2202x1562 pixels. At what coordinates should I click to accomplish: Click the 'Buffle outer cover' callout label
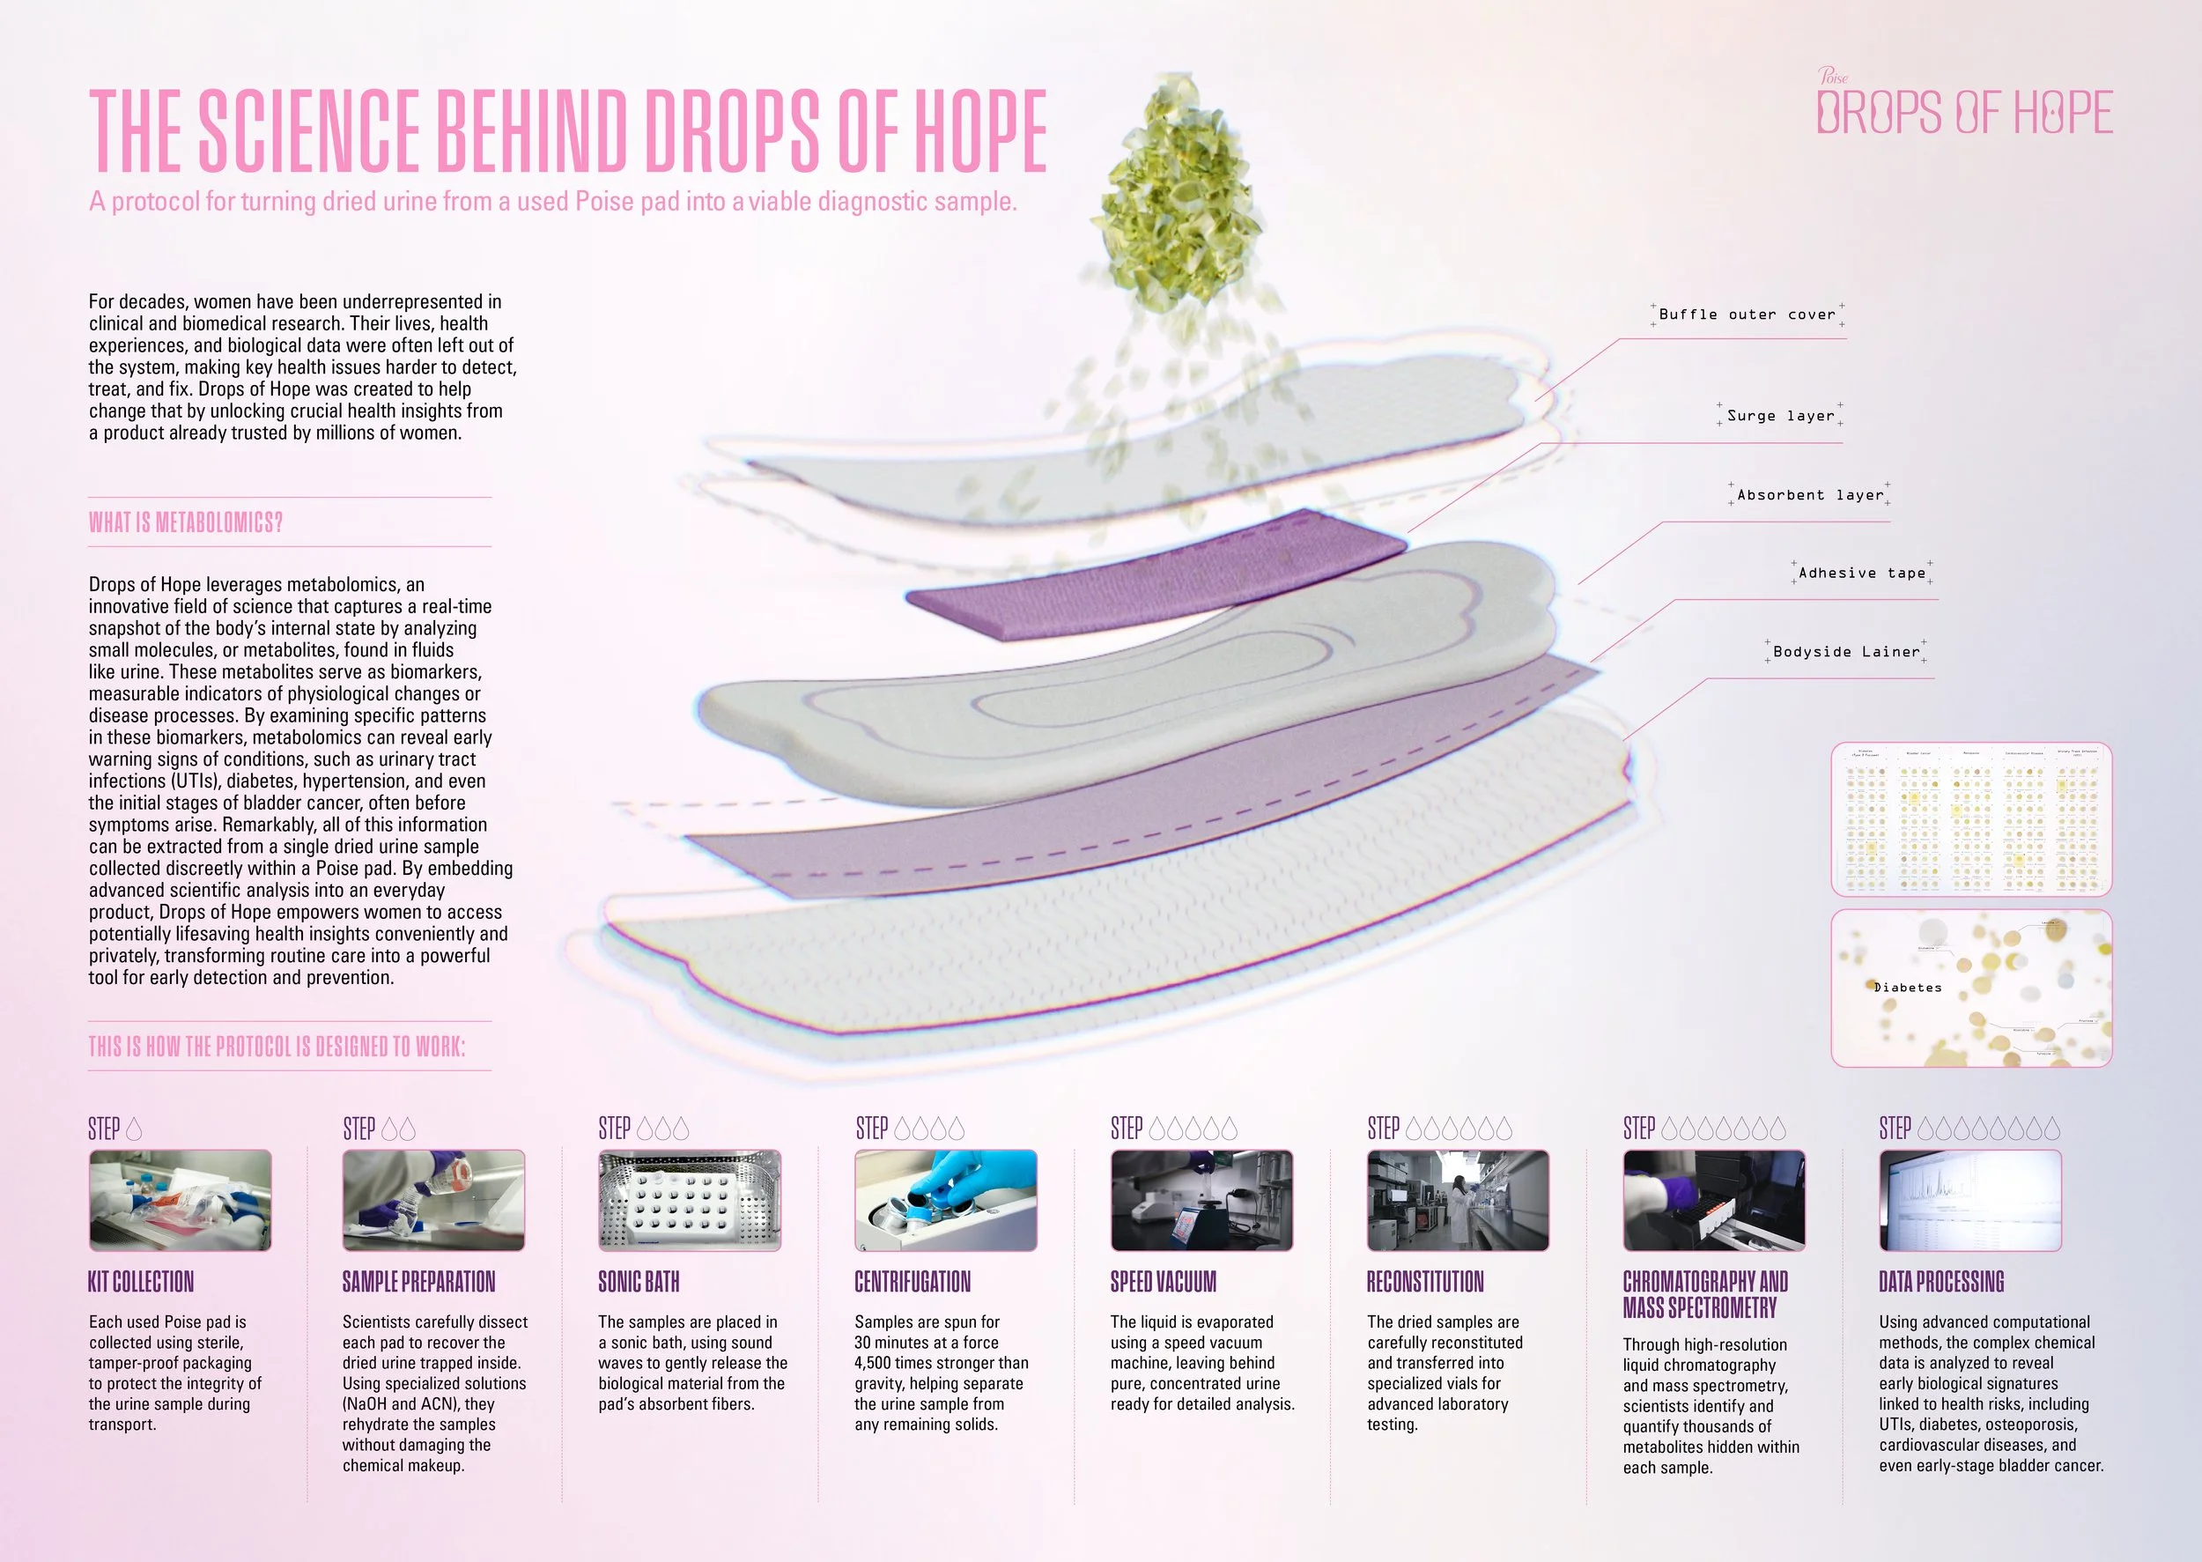[x=1748, y=315]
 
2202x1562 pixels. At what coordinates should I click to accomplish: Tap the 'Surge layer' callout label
[x=1780, y=416]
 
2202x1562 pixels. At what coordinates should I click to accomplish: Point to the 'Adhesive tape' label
[x=1862, y=574]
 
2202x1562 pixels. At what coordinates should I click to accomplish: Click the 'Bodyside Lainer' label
[x=1845, y=652]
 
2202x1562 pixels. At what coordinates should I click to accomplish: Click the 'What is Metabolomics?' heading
[x=186, y=522]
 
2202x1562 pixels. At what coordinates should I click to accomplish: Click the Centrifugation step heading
[x=913, y=1281]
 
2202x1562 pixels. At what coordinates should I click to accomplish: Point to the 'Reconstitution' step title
[x=1425, y=1281]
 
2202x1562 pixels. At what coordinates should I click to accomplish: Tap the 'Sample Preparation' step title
[x=418, y=1281]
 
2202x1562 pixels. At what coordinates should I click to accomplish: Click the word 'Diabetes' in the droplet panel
[x=1908, y=988]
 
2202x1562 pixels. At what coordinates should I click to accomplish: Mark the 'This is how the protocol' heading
[x=277, y=1047]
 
